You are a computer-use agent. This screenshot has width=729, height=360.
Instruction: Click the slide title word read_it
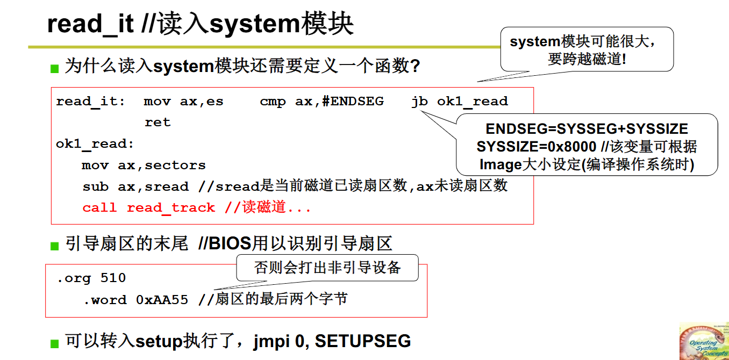click(x=90, y=24)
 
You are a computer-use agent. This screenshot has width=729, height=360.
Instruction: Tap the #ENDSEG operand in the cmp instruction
click(x=353, y=102)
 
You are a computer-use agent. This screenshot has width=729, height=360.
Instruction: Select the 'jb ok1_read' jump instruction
click(x=459, y=102)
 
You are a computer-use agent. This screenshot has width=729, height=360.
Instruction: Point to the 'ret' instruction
click(x=158, y=123)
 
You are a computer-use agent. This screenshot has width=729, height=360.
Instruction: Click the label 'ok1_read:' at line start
click(x=95, y=144)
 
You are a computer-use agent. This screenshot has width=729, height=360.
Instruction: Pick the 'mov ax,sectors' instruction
click(x=144, y=165)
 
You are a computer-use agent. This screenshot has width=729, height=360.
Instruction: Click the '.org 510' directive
click(x=91, y=278)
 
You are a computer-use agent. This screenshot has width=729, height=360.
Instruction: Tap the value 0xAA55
click(x=162, y=300)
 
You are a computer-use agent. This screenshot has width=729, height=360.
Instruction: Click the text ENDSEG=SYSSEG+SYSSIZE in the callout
click(x=587, y=129)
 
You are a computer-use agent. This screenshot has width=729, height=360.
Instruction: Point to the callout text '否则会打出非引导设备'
click(x=327, y=268)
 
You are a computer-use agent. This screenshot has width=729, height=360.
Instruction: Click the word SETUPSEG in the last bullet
click(x=363, y=341)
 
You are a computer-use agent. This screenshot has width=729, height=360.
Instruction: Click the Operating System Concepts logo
click(x=704, y=341)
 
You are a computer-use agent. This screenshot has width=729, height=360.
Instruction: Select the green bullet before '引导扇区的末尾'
click(x=54, y=246)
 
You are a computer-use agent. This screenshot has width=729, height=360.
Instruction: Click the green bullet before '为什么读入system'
click(x=54, y=68)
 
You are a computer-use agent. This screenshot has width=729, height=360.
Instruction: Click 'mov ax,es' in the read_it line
click(x=183, y=102)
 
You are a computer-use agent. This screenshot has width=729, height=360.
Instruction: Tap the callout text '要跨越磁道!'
click(x=587, y=59)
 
